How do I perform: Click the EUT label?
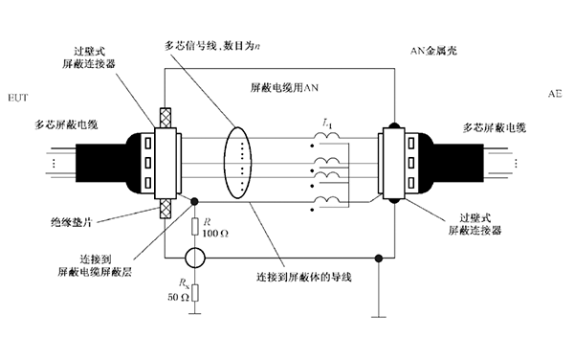(18, 97)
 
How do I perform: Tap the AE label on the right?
(555, 97)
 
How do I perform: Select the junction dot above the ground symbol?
(380, 258)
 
